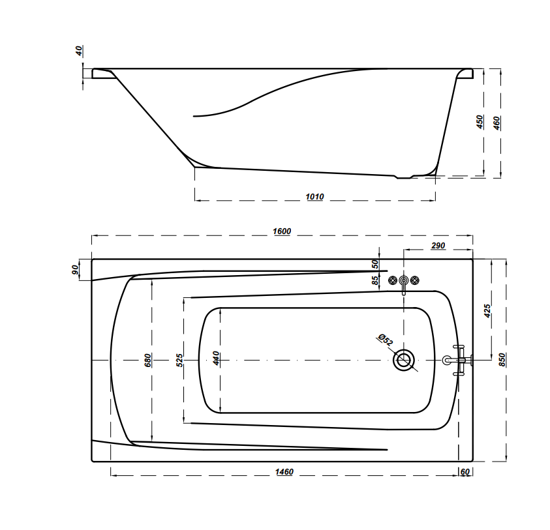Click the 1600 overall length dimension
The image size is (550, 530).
(282, 231)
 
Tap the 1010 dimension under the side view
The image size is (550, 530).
(314, 197)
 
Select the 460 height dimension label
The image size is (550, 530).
(497, 123)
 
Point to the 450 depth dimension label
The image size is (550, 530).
(480, 122)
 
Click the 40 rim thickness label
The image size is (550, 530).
(80, 51)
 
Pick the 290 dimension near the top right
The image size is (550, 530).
(438, 246)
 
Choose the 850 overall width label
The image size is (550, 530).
(502, 360)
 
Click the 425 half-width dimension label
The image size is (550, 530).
(487, 311)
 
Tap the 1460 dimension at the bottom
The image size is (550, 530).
(284, 472)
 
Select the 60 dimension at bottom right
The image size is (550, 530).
(465, 472)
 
